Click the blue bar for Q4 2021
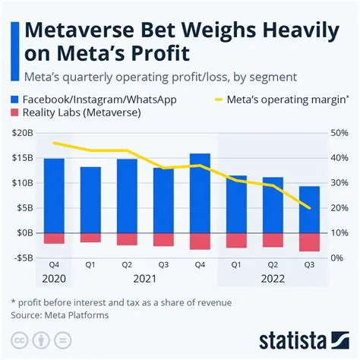200,193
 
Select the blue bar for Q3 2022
309,209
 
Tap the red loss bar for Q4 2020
54,238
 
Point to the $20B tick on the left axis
23,133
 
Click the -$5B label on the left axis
23,257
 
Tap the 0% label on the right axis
336,257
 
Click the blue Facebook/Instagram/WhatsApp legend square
17,98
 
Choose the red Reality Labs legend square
17,113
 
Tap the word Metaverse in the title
84,33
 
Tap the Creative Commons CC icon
17,338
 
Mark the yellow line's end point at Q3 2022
309,207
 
